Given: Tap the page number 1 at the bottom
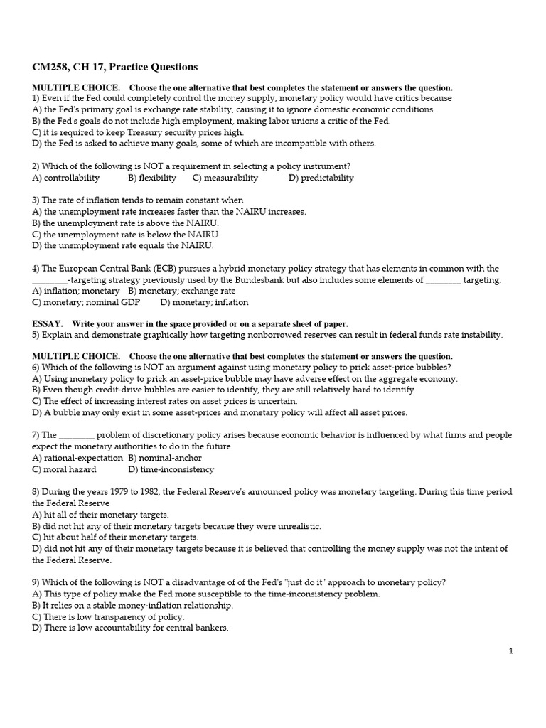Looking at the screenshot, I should coord(510,651).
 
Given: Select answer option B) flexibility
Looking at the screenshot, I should coord(152,178).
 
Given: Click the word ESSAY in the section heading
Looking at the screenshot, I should coord(48,324).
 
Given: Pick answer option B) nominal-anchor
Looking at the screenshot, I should coord(165,458).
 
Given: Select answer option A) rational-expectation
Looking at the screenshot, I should coord(77,458).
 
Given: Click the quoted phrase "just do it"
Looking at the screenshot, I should coord(302,582).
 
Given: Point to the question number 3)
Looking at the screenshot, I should coord(36,200).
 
